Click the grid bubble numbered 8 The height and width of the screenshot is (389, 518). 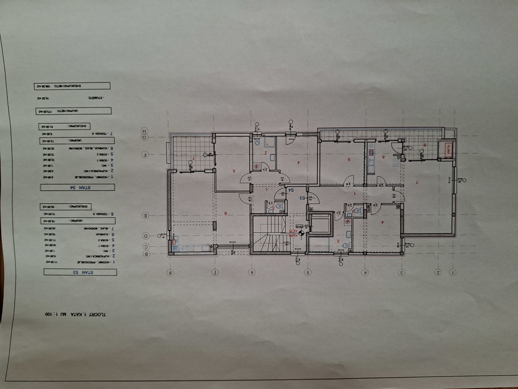[x=171, y=273]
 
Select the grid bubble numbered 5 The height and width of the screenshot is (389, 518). [x=308, y=273]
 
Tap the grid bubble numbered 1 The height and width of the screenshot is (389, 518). [x=453, y=273]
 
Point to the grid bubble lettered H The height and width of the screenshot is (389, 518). [x=145, y=131]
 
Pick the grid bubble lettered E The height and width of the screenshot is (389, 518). [x=146, y=215]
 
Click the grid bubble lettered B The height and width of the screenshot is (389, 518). [x=146, y=254]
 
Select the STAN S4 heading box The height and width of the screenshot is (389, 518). [x=78, y=187]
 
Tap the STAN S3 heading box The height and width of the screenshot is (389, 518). [x=79, y=272]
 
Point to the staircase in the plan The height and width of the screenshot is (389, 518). [x=269, y=235]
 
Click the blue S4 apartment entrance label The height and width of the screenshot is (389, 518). [x=291, y=190]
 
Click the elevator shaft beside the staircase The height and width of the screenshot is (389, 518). [x=320, y=224]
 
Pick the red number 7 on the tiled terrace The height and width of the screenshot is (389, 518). [x=194, y=159]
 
